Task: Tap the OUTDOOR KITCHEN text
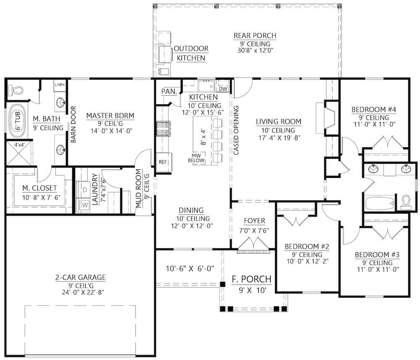(x=191, y=53)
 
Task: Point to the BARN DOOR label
(x=73, y=125)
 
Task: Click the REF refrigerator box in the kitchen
(x=163, y=162)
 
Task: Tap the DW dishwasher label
(x=222, y=89)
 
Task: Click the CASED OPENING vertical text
(x=236, y=130)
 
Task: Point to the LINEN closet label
(x=59, y=85)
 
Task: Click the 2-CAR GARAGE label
(x=80, y=277)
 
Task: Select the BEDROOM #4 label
(x=374, y=110)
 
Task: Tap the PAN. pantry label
(x=168, y=91)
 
